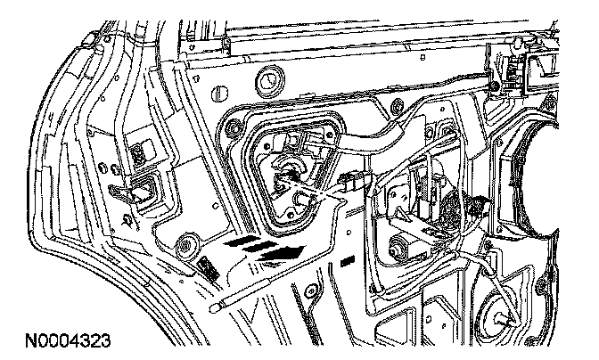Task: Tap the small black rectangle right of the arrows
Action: click(348, 262)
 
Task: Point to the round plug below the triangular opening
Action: click(188, 246)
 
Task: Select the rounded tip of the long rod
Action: click(216, 306)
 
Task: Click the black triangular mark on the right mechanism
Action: click(481, 204)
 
